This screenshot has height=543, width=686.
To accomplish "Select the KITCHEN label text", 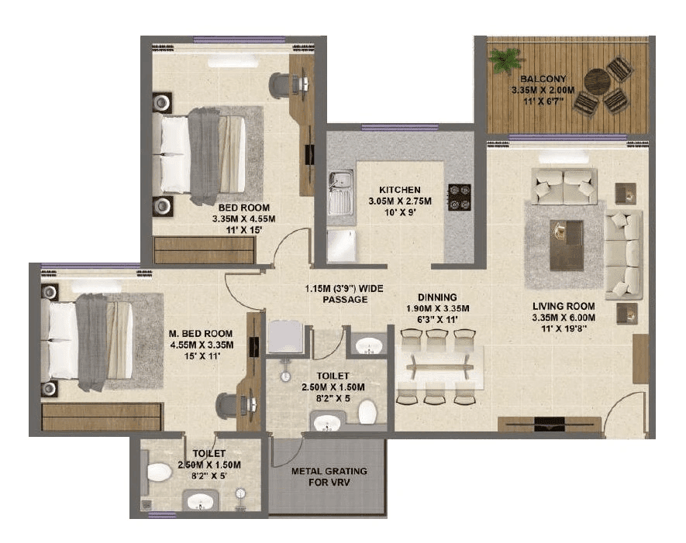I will click(399, 190).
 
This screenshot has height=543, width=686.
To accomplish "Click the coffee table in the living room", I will click(567, 245).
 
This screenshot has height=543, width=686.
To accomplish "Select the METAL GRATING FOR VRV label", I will click(329, 476).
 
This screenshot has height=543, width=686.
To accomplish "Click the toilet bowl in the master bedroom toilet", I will click(160, 471).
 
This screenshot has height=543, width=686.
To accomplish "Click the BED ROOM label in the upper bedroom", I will click(243, 208).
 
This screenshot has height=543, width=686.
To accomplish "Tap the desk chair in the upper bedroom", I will click(281, 84).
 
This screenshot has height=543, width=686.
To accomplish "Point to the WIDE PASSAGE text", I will click(342, 294).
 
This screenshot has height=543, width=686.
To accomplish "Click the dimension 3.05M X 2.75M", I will click(399, 201).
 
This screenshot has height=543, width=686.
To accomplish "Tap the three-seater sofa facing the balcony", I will click(623, 255).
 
